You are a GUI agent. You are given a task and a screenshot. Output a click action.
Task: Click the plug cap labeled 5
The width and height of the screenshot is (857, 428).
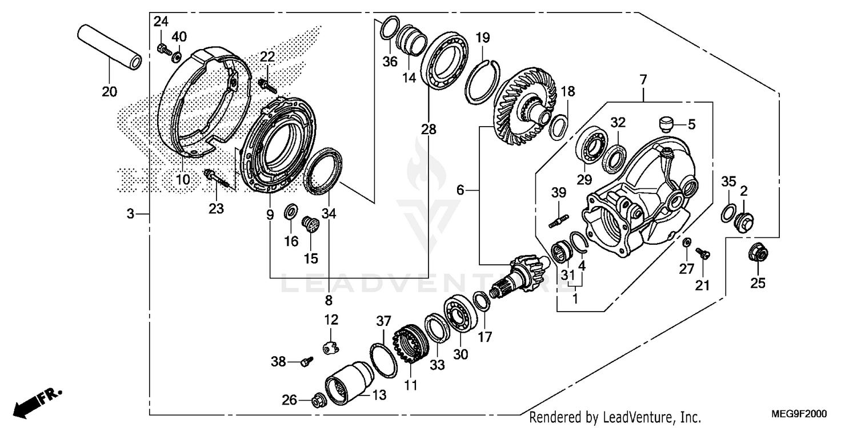[x=666, y=123]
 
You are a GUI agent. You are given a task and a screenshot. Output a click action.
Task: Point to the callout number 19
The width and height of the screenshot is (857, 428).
[x=483, y=39]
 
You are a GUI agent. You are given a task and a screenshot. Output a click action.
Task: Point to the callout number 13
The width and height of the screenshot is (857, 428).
[x=379, y=394]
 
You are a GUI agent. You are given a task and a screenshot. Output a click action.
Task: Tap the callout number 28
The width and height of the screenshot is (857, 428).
[x=428, y=130]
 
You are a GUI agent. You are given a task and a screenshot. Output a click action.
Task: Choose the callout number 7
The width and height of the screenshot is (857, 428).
[x=643, y=80]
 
